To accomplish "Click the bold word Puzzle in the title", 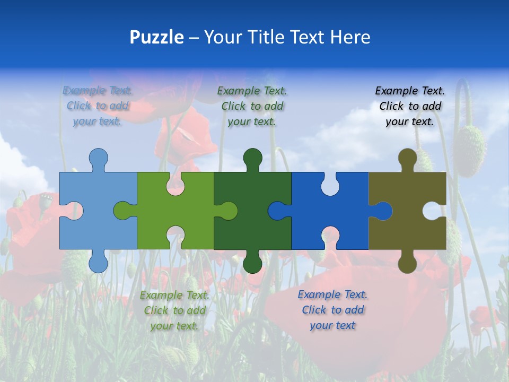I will [x=156, y=37].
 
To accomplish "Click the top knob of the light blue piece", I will [x=98, y=158].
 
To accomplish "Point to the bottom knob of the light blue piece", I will [x=98, y=263].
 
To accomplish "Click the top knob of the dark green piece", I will [x=252, y=158].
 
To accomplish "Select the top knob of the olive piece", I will [x=407, y=158].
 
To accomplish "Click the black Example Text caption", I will [x=410, y=106].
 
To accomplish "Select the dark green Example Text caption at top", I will [x=252, y=106].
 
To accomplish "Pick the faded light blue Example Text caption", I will [x=98, y=106].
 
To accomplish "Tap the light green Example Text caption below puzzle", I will [x=174, y=310].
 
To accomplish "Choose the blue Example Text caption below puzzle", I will [x=332, y=310].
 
